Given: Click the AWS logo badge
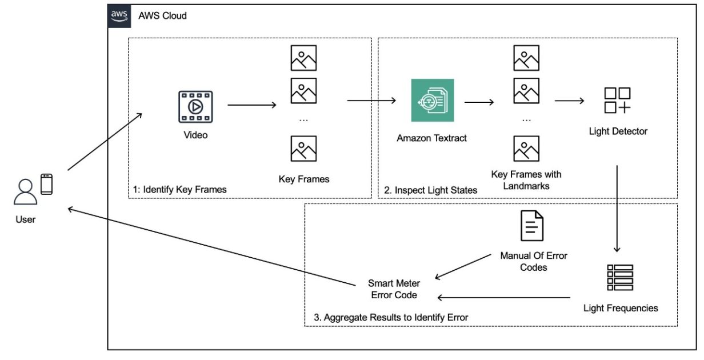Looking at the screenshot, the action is [x=119, y=16].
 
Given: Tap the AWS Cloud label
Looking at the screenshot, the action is [x=162, y=16].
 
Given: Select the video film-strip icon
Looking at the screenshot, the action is [x=195, y=107].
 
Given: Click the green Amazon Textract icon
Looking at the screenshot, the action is [x=433, y=101].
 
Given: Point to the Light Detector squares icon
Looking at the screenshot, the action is [x=617, y=101].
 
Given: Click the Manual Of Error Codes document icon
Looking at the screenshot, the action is [x=532, y=226].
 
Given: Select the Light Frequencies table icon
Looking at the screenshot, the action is [x=620, y=278].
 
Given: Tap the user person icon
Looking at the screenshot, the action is [x=26, y=192].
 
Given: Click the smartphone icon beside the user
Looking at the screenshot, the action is [x=46, y=184].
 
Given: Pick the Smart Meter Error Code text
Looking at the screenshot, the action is [x=394, y=289].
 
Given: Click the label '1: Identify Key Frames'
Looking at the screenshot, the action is [x=180, y=190].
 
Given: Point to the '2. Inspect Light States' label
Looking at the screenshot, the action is [x=431, y=190].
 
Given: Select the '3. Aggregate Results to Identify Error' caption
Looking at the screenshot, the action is [x=391, y=318].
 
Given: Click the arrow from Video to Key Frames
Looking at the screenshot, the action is [x=252, y=105].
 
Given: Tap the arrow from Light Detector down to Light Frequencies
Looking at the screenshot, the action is [x=617, y=209].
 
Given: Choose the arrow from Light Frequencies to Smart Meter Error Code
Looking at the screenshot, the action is [x=504, y=298].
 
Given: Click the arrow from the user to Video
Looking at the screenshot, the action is [x=105, y=142].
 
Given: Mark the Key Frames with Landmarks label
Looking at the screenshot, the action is [x=526, y=180].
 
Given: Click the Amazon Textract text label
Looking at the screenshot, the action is [x=431, y=138].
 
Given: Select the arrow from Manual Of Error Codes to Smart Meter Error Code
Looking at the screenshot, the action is [x=463, y=267].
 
